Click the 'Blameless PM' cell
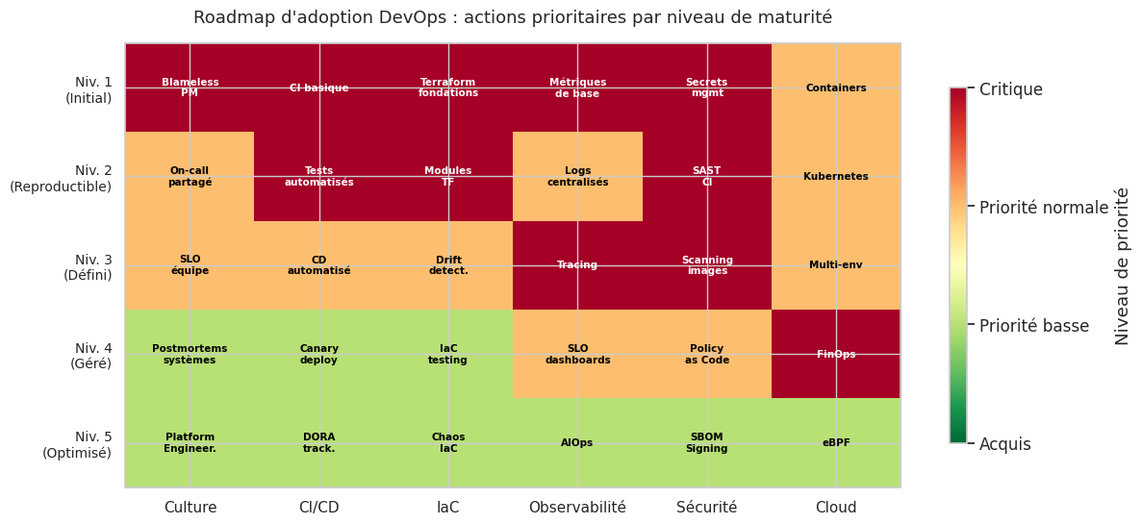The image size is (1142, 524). [x=190, y=87]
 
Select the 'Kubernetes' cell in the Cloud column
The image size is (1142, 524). [x=836, y=177]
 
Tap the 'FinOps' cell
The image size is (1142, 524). [x=836, y=354]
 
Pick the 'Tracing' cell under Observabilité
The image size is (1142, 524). [x=577, y=265]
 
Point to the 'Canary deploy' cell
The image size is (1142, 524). [x=319, y=354]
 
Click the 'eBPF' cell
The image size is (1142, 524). [x=836, y=443]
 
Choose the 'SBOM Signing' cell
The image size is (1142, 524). [x=707, y=443]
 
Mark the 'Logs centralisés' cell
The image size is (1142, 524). [x=577, y=177]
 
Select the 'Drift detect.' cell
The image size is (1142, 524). [x=448, y=265]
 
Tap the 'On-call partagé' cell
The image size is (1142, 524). [x=190, y=177]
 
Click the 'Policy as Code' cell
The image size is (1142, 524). [x=707, y=354]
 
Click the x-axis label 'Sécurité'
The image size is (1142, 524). [x=707, y=508]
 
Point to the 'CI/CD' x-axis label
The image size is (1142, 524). [x=319, y=508]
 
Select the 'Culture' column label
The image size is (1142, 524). [x=190, y=508]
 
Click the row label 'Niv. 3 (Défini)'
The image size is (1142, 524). [x=88, y=267]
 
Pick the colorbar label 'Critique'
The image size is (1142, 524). [x=1010, y=89]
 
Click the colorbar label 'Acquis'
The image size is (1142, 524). [x=1004, y=444]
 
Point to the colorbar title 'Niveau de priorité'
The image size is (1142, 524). [x=1123, y=266]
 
